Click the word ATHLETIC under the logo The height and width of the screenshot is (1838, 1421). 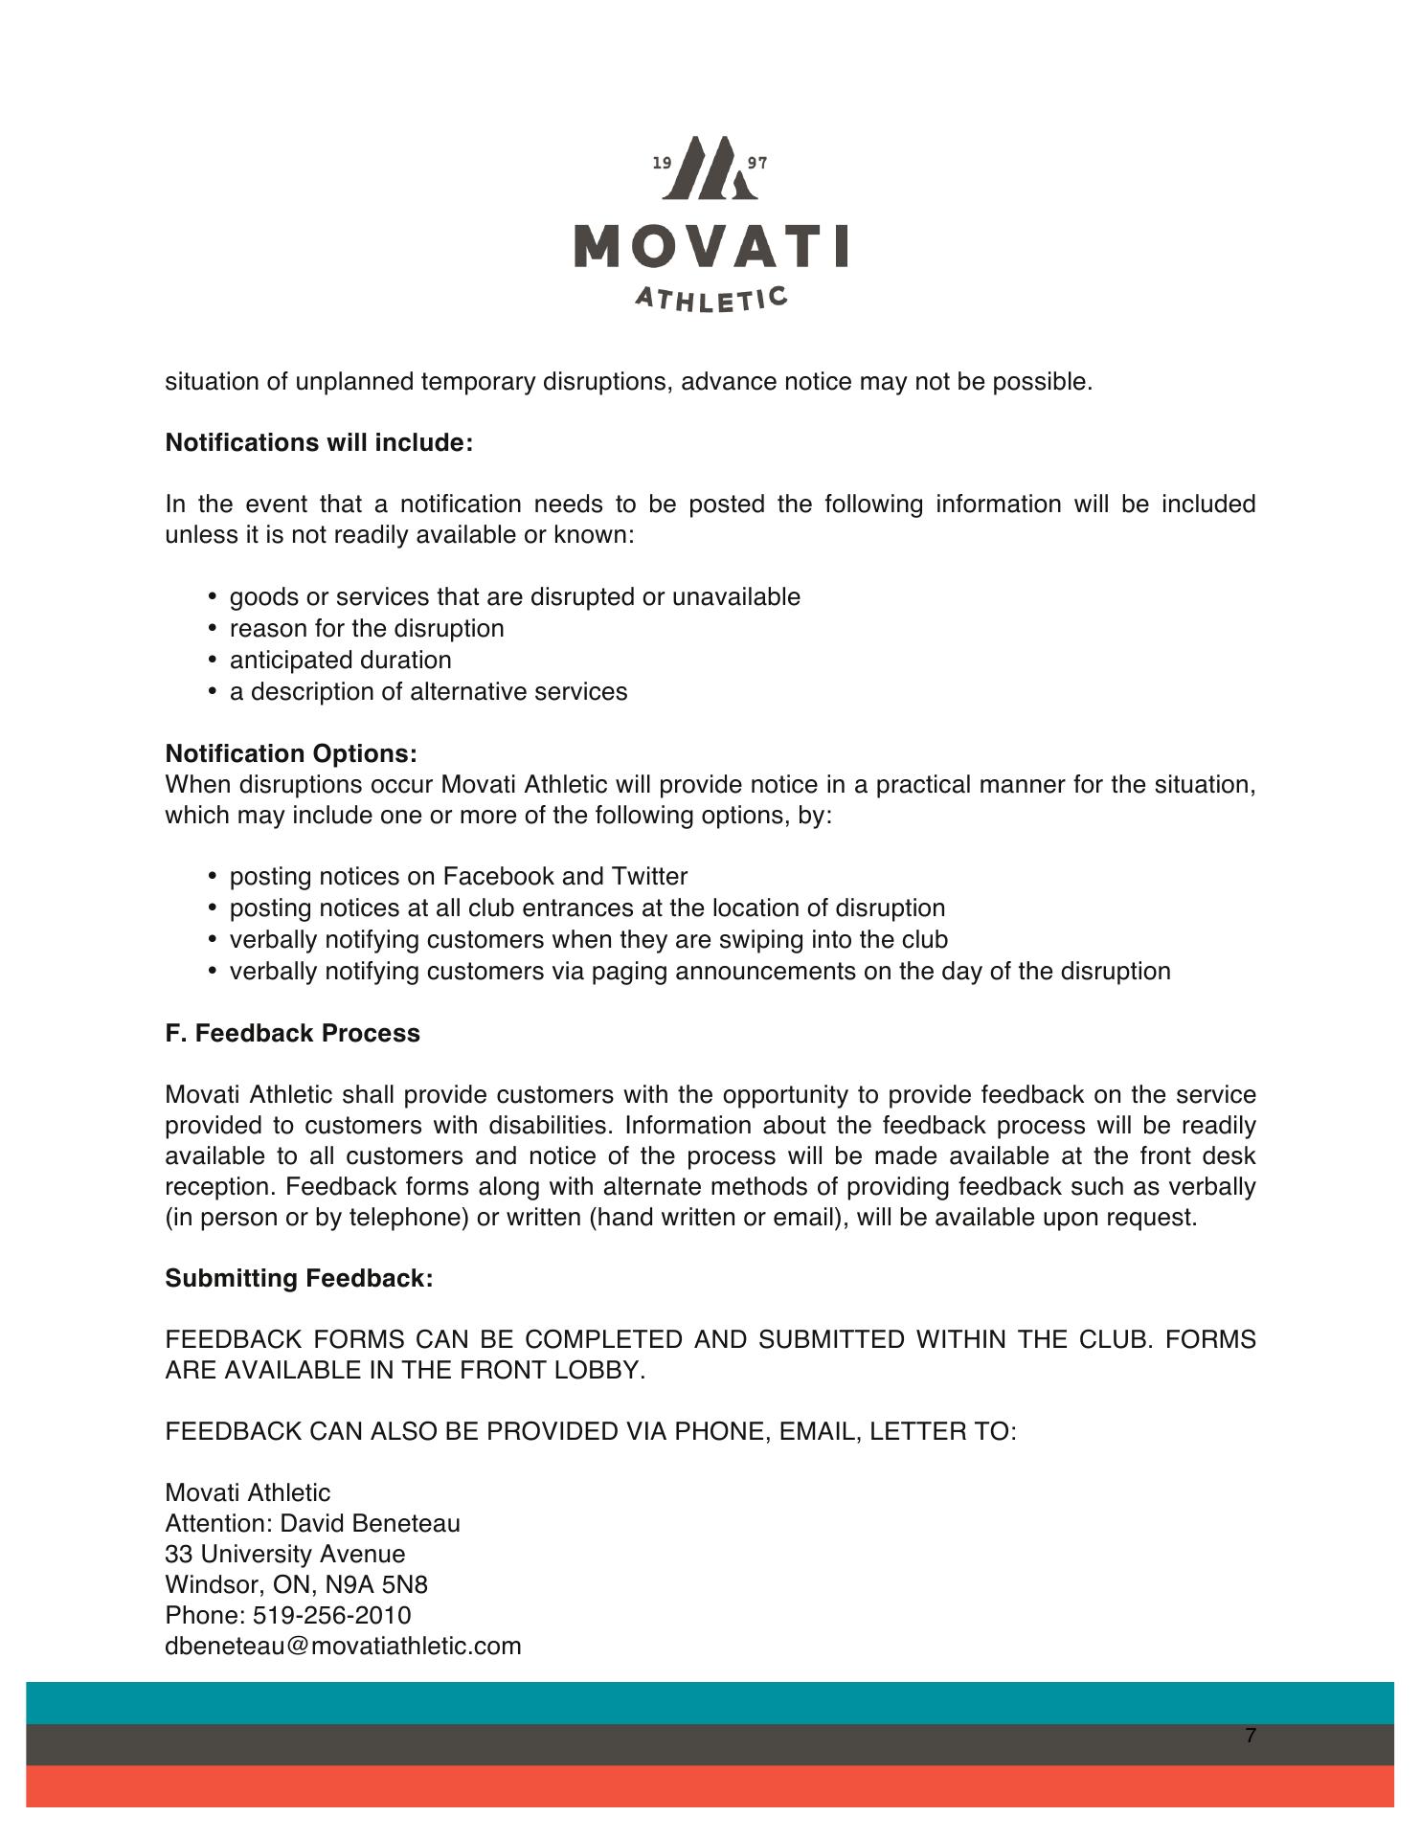point(711,299)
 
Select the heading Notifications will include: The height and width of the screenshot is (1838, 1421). point(319,443)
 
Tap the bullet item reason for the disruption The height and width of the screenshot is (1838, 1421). point(367,629)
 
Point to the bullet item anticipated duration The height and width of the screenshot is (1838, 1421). point(340,661)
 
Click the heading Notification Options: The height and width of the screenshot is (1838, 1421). point(291,754)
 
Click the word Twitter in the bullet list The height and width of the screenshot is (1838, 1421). point(649,877)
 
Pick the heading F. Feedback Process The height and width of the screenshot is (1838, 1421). point(292,1034)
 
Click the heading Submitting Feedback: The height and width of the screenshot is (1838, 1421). point(299,1279)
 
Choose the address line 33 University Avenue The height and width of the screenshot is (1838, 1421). point(284,1555)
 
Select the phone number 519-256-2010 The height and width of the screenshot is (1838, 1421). point(331,1616)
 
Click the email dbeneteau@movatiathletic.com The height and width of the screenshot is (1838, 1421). point(343,1647)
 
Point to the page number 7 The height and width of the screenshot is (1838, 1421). point(1251,1736)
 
